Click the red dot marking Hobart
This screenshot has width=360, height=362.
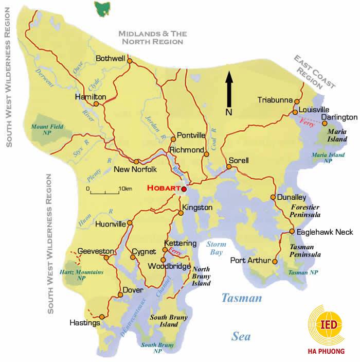point(184,189)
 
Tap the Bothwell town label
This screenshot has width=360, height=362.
point(111,59)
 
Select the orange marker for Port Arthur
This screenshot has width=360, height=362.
point(274,262)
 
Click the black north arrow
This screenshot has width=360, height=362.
point(229,89)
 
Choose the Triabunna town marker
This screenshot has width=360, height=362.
point(295,101)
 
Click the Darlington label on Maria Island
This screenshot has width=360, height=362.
point(339,117)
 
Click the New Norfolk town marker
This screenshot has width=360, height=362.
point(137,161)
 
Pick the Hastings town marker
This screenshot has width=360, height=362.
point(102,317)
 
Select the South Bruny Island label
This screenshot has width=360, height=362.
point(167,322)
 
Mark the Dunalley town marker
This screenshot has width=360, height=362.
point(273,197)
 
